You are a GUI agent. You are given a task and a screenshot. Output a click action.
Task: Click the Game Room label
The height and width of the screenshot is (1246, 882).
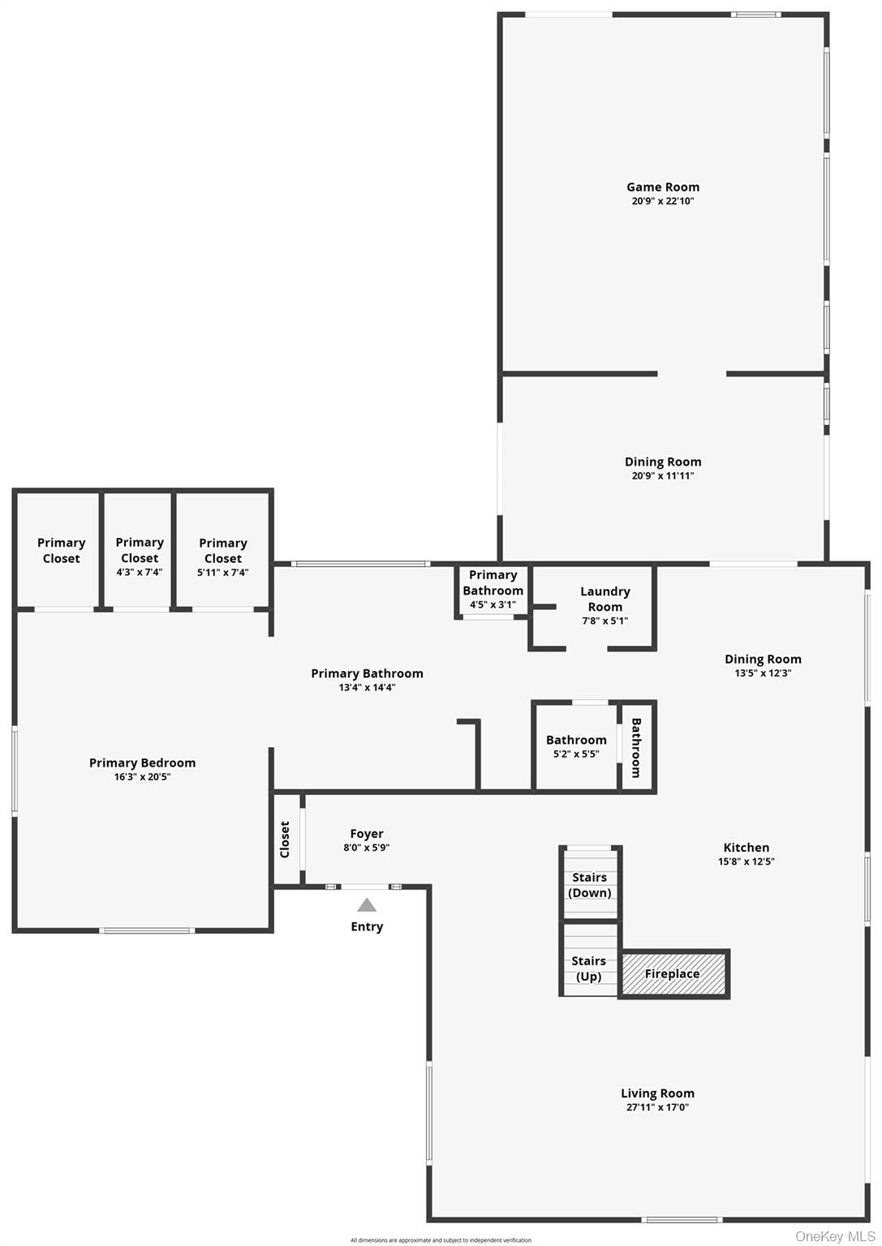click(x=662, y=187)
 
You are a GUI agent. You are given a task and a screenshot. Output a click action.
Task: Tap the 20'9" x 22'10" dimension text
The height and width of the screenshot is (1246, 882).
click(x=662, y=201)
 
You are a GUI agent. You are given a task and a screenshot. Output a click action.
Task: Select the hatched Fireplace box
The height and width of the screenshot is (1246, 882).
click(x=673, y=973)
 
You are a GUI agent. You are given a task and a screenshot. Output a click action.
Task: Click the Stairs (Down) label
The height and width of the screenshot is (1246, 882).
click(x=590, y=885)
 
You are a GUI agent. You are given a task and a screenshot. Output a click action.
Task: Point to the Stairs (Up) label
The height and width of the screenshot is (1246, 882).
click(x=589, y=969)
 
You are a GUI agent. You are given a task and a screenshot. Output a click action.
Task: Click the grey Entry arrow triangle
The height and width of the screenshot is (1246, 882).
click(x=367, y=904)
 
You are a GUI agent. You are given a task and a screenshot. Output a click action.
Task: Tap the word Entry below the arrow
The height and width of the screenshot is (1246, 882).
click(x=367, y=926)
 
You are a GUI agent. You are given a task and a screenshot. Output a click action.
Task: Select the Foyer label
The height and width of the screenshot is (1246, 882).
click(x=367, y=833)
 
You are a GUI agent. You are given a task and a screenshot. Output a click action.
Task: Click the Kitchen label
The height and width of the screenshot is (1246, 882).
click(x=746, y=847)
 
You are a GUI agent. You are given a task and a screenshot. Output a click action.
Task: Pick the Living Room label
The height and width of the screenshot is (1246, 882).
click(x=657, y=1093)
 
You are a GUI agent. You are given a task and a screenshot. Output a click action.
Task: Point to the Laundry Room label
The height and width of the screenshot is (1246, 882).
click(x=604, y=599)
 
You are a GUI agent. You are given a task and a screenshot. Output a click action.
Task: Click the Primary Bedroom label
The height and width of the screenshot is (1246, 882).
click(x=142, y=763)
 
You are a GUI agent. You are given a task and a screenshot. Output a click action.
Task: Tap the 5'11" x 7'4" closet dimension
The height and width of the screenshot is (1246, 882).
click(x=223, y=573)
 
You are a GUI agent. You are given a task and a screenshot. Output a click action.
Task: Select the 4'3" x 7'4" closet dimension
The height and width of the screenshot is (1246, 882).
click(x=140, y=573)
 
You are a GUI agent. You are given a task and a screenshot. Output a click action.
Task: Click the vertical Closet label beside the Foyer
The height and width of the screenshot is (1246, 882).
click(x=285, y=840)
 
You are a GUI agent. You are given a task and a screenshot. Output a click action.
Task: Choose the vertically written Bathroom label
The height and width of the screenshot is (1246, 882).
click(x=636, y=747)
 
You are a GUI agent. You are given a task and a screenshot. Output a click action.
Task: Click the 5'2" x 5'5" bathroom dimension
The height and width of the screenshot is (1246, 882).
click(x=576, y=754)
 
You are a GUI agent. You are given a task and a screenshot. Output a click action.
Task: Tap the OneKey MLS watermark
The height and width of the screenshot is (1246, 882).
click(x=835, y=1236)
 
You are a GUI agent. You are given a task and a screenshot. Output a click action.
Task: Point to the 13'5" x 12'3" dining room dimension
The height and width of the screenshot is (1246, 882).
click(x=763, y=673)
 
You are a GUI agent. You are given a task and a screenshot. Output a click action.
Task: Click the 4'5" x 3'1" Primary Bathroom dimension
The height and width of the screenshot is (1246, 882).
click(x=493, y=604)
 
